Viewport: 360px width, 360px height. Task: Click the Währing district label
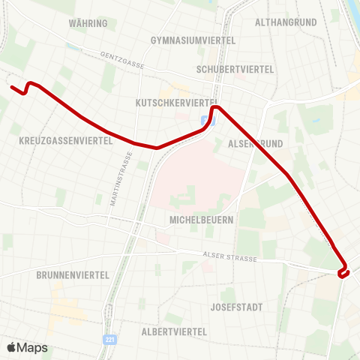88,23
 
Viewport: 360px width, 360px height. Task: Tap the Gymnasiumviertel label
193,40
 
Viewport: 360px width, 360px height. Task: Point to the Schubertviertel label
235,69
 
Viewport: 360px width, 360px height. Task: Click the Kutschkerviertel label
177,101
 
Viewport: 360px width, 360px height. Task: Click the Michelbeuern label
202,220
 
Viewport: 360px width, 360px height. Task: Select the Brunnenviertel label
73,275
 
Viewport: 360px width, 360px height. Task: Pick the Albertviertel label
174,331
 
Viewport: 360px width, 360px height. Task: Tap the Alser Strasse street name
230,258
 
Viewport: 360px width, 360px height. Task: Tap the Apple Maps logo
27,347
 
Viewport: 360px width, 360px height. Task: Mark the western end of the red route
11,87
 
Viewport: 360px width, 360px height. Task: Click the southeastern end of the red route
341,276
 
